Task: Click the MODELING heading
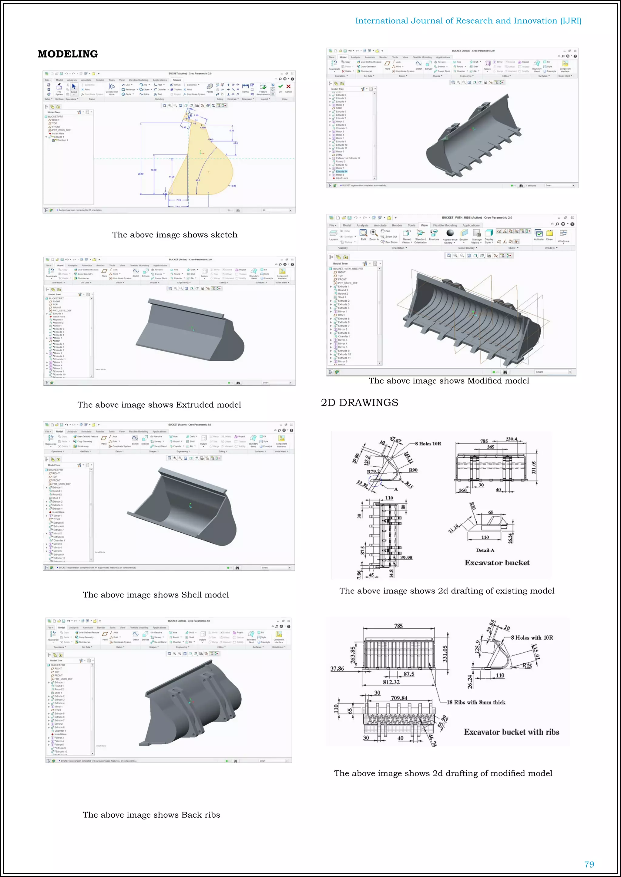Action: (68, 54)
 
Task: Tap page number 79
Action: (589, 864)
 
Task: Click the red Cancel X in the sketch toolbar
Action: (289, 87)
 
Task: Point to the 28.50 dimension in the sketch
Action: (141, 174)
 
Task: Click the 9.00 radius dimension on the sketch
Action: (234, 186)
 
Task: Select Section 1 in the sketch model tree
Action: (63, 141)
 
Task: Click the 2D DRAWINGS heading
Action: (359, 402)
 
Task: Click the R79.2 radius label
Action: (373, 472)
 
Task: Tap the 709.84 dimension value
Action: (399, 698)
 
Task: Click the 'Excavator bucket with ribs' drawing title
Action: (511, 732)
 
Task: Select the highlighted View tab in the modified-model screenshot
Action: (424, 225)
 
